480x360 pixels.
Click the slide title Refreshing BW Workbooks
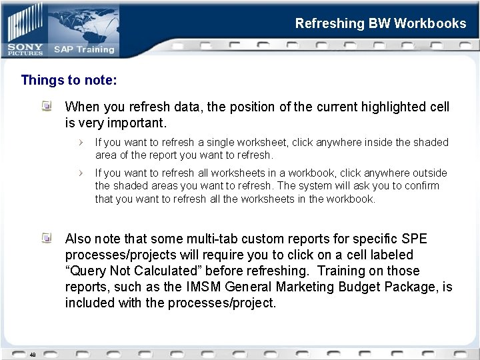pyautogui.click(x=381, y=24)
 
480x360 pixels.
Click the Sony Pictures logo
pyautogui.click(x=25, y=48)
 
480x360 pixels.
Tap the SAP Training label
pyautogui.click(x=84, y=49)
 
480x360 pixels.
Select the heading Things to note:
pyautogui.click(x=69, y=81)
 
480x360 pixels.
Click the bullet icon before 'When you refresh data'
pyautogui.click(x=47, y=106)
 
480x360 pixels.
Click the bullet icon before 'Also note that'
pyautogui.click(x=47, y=238)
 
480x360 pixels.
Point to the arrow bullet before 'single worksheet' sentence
pyautogui.click(x=81, y=142)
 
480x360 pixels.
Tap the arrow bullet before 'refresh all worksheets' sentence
pyautogui.click(x=81, y=173)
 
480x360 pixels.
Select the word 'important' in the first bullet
pyautogui.click(x=133, y=123)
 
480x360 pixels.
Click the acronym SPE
pyautogui.click(x=415, y=239)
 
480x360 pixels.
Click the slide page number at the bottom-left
pyautogui.click(x=31, y=355)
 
